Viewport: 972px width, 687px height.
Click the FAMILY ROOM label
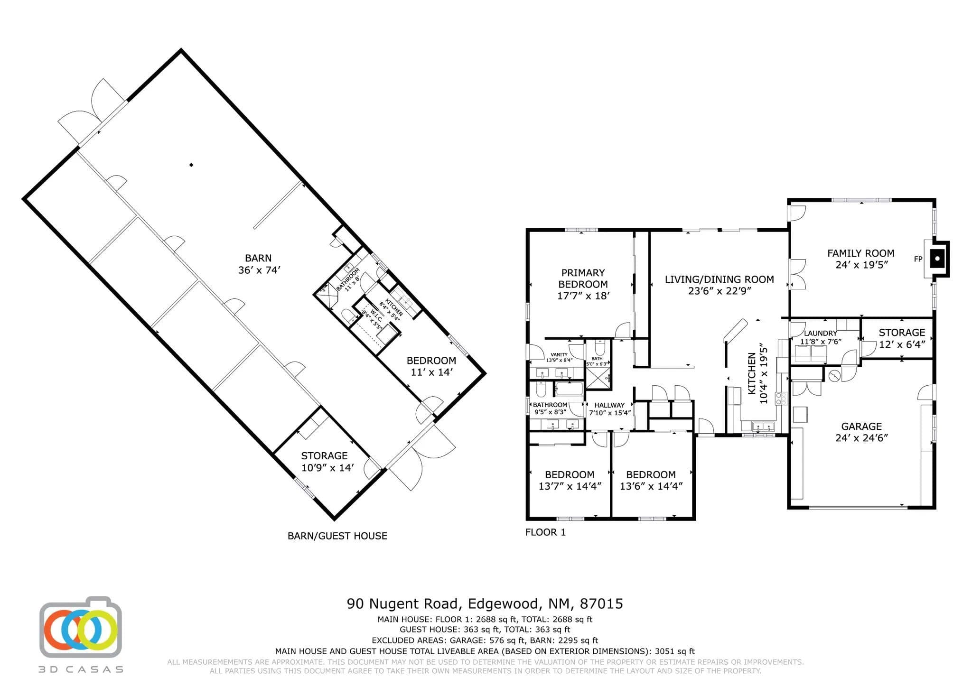coord(860,253)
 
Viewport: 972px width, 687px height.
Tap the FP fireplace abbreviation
coord(918,259)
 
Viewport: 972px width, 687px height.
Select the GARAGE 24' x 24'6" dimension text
coord(861,438)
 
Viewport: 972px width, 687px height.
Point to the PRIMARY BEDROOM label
coord(583,279)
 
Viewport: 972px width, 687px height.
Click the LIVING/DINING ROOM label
coord(719,279)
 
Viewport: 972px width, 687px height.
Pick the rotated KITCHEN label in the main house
coord(752,373)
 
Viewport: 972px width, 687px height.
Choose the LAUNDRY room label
coord(820,334)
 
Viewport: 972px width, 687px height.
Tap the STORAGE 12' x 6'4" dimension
coord(902,344)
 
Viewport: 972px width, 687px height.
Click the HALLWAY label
coord(609,405)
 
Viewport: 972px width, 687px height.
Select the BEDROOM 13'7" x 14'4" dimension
coord(570,486)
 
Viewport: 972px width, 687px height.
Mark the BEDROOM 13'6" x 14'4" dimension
coord(651,486)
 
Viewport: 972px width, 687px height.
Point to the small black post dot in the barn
coord(191,165)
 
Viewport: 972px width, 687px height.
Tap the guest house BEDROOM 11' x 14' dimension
coord(431,372)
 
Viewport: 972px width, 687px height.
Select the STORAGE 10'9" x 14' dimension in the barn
coord(327,468)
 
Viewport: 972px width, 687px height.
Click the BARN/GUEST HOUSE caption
coord(337,536)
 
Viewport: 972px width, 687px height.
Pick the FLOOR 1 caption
coord(545,532)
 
